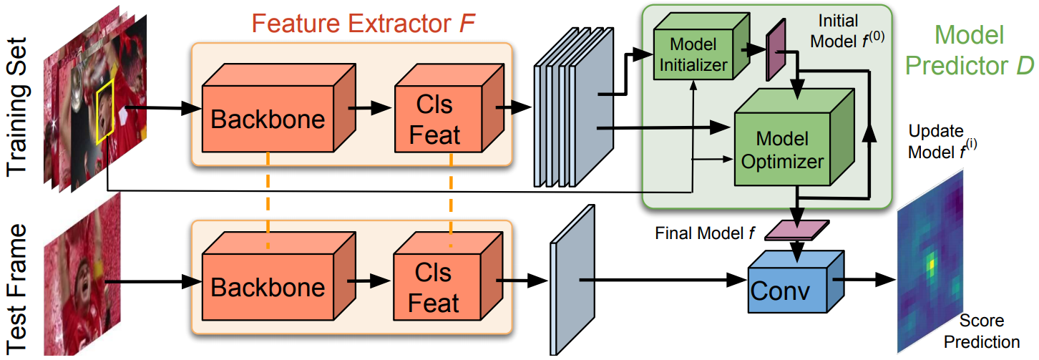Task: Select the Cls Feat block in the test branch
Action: click(x=434, y=287)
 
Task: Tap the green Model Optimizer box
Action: click(x=782, y=149)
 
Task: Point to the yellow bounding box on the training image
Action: click(x=105, y=107)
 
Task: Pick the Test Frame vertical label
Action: click(x=19, y=286)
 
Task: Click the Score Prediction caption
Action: click(x=990, y=331)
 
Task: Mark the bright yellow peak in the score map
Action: click(x=930, y=264)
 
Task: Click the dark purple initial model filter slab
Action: click(x=775, y=47)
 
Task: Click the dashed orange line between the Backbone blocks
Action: click(x=268, y=200)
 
